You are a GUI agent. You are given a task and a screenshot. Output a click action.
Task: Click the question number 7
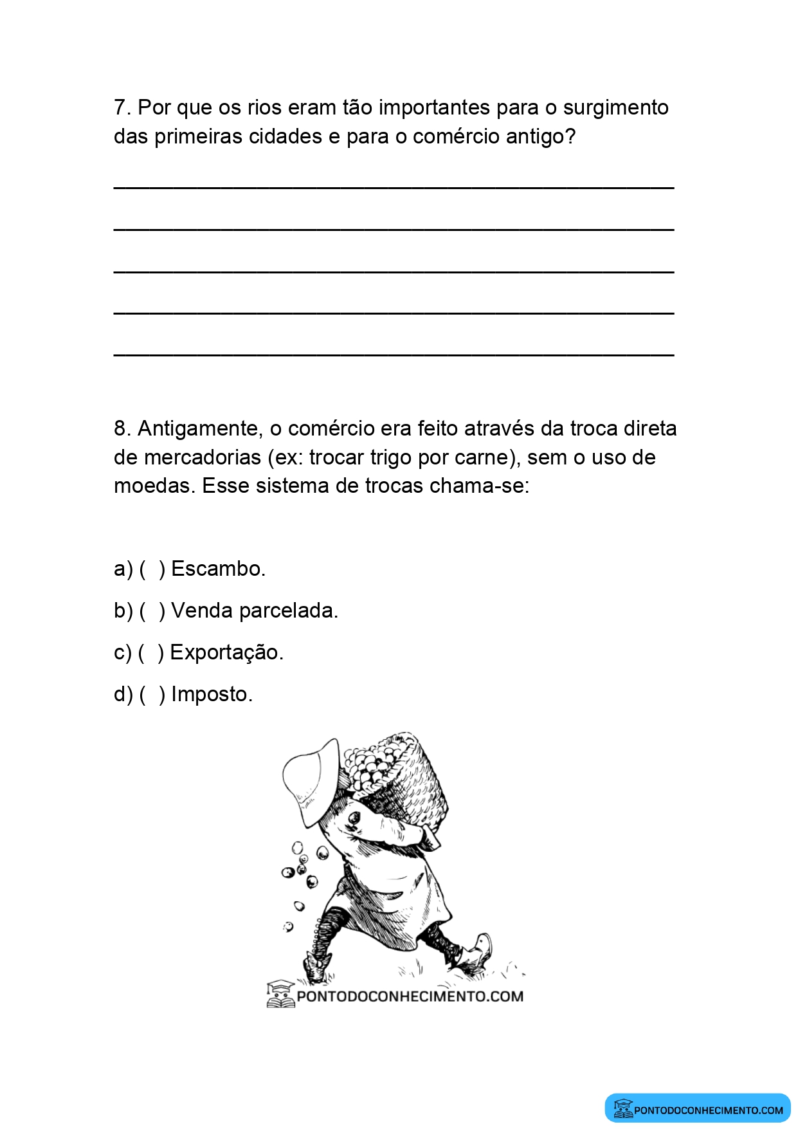[x=122, y=107]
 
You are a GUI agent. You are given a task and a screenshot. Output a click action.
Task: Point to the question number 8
[x=122, y=428]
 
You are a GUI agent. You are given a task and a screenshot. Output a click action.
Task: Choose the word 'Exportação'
[x=226, y=653]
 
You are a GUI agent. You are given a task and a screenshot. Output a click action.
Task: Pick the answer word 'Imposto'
[x=212, y=695]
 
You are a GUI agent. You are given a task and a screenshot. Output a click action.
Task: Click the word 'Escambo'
[x=217, y=569]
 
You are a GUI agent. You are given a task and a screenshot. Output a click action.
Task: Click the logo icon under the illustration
[x=280, y=995]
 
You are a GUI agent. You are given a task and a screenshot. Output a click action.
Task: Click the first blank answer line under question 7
[x=394, y=187]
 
